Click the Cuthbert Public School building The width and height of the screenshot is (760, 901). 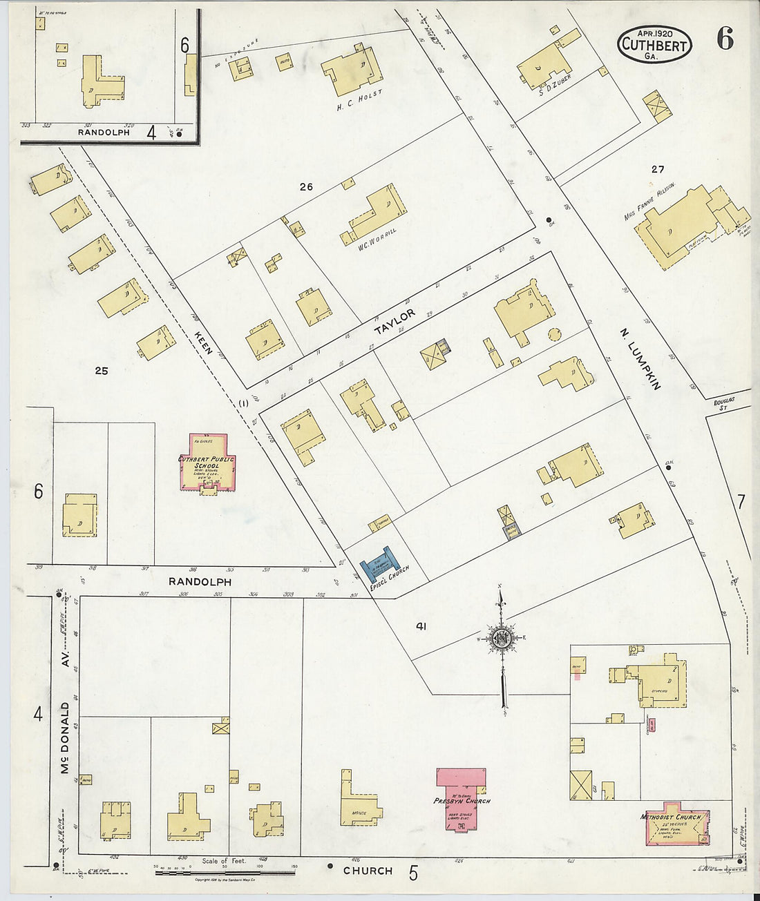(x=206, y=463)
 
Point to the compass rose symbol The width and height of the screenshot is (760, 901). (x=502, y=639)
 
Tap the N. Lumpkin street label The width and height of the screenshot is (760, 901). (x=639, y=360)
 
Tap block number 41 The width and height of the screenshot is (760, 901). (x=421, y=626)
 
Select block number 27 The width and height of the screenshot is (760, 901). (x=656, y=169)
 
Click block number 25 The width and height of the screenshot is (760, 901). (x=102, y=370)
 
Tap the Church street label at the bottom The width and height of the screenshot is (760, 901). (x=368, y=871)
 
